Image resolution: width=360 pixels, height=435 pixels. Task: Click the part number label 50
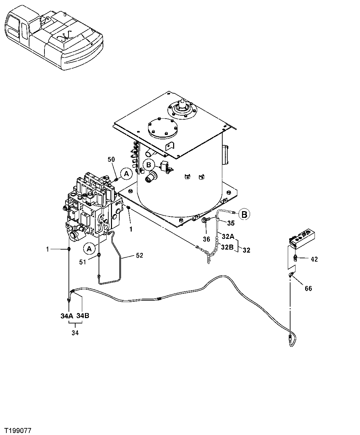pos(111,159)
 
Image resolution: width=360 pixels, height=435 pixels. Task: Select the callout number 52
pos(139,255)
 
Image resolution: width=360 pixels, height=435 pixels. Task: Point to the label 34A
pos(67,315)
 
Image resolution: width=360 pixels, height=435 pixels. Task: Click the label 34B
pos(83,315)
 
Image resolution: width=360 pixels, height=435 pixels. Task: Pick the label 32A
pos(228,237)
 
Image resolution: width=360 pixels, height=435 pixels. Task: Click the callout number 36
pos(206,239)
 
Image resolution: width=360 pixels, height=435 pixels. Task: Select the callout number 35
pos(231,223)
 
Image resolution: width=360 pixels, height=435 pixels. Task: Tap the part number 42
pos(314,259)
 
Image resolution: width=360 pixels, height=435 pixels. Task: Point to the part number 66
pos(308,288)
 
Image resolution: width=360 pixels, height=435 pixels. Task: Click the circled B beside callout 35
pos(244,214)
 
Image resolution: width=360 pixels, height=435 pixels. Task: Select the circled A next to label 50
pos(126,173)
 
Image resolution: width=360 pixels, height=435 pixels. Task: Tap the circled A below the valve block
pos(89,248)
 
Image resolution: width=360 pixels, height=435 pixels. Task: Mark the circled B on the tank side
pos(149,164)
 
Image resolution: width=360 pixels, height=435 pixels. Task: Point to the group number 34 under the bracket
pos(75,333)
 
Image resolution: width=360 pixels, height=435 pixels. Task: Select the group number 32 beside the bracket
pos(247,250)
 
